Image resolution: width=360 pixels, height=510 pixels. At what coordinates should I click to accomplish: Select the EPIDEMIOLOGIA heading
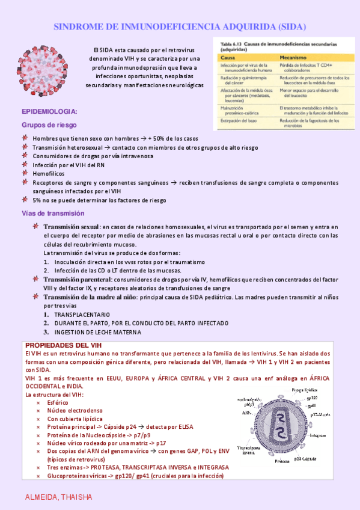click(49, 112)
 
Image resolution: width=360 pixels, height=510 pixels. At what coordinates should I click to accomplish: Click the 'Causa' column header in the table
click(227, 57)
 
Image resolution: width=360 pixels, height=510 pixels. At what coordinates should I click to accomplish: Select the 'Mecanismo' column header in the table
click(293, 57)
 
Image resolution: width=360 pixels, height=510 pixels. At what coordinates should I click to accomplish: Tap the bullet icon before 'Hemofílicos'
click(25, 173)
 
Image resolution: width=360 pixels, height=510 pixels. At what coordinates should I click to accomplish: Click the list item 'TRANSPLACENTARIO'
click(82, 315)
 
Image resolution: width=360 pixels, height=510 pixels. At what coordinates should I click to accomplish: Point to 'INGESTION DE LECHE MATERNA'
click(97, 331)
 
